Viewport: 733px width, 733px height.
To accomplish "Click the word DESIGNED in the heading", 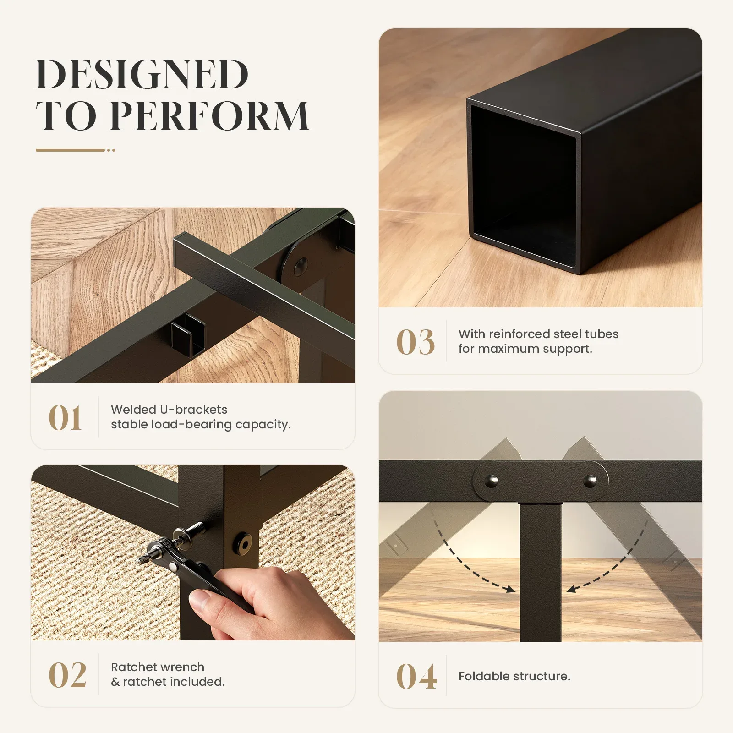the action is pyautogui.click(x=142, y=74).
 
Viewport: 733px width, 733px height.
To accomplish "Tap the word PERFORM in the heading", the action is pyautogui.click(x=210, y=115).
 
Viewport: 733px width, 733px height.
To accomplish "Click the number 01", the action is pyautogui.click(x=66, y=418).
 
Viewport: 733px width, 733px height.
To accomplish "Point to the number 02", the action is pyautogui.click(x=67, y=675).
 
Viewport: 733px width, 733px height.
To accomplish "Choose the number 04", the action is pyautogui.click(x=416, y=677).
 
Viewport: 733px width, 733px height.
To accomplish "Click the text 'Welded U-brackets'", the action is pyautogui.click(x=169, y=410).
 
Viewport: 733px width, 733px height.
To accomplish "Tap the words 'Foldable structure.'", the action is pyautogui.click(x=514, y=676).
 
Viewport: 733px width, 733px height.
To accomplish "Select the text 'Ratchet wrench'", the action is pyautogui.click(x=158, y=667).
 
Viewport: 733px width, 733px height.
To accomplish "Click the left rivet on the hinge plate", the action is pyautogui.click(x=492, y=481).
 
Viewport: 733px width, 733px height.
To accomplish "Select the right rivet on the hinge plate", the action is pyautogui.click(x=590, y=481).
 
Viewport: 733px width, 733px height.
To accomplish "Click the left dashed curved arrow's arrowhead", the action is pyautogui.click(x=510, y=588).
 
